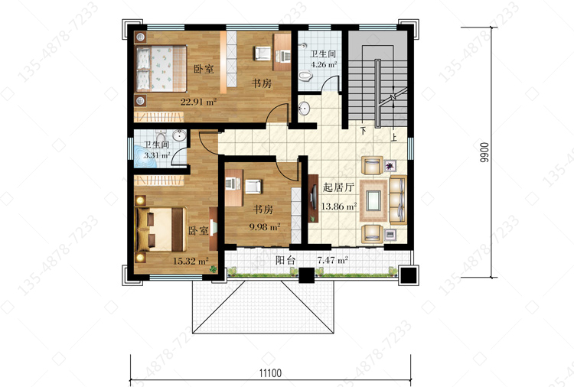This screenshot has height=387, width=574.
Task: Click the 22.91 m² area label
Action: pos(198,102)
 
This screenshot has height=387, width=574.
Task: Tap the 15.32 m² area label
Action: pos(191,261)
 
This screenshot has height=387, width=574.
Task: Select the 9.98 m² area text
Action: pos(265,227)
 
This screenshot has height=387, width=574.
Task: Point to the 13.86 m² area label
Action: pos(338,207)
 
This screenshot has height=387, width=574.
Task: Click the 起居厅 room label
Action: pos(338,187)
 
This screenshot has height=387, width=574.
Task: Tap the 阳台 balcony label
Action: pos(285,261)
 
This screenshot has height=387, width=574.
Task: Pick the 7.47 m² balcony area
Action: pos(332,261)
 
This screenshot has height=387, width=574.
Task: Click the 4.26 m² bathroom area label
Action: pos(324,65)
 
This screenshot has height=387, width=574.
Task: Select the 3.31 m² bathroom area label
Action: pos(157,155)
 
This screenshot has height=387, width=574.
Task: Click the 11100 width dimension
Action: pos(270,373)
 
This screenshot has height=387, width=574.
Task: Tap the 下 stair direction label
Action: pos(363,131)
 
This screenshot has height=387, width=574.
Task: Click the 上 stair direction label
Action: pos(394,138)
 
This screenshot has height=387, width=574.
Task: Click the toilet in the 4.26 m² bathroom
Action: pos(305,76)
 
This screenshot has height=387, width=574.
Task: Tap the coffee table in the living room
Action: pos(373,201)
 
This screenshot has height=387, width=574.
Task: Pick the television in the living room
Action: pos(313,198)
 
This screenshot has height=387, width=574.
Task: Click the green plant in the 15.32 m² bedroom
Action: pos(213,269)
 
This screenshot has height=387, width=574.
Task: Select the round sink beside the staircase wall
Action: pos(304,109)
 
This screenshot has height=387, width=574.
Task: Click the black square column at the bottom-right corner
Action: pos(408,275)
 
